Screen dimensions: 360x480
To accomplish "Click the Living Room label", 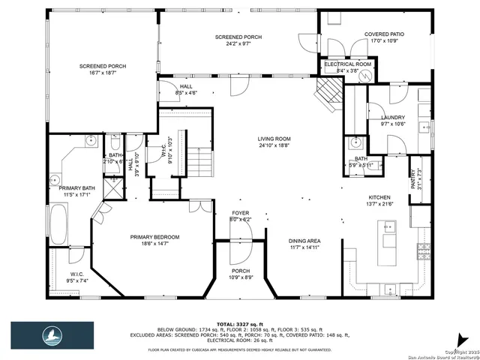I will coord(274,139).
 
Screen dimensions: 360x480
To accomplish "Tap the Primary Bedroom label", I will coord(154,237).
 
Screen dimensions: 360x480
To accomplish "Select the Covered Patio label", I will coord(384,34).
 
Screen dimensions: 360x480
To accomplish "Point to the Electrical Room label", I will coord(347,64).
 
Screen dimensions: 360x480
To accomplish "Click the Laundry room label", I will coord(392,118).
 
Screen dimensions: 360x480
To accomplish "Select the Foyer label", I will coord(240,214).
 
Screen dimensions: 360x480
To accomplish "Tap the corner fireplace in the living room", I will coord(327,92).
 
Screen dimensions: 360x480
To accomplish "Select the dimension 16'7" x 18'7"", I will coord(102,73).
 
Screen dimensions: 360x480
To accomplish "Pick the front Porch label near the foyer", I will coord(241,271).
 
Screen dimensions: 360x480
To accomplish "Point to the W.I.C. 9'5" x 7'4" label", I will coord(76,274).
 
